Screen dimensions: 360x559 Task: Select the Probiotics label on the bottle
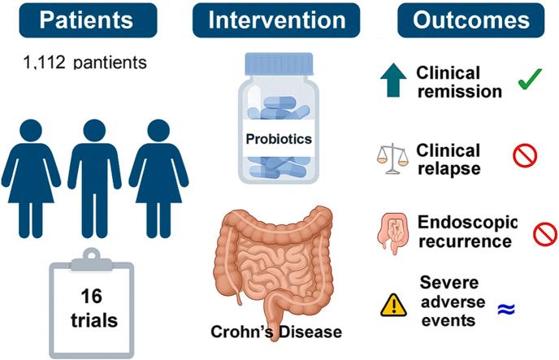(x=279, y=138)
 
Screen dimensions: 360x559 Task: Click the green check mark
(x=530, y=79)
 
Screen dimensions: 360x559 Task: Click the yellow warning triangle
(x=394, y=306)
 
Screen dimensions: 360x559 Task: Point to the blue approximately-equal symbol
(x=507, y=308)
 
